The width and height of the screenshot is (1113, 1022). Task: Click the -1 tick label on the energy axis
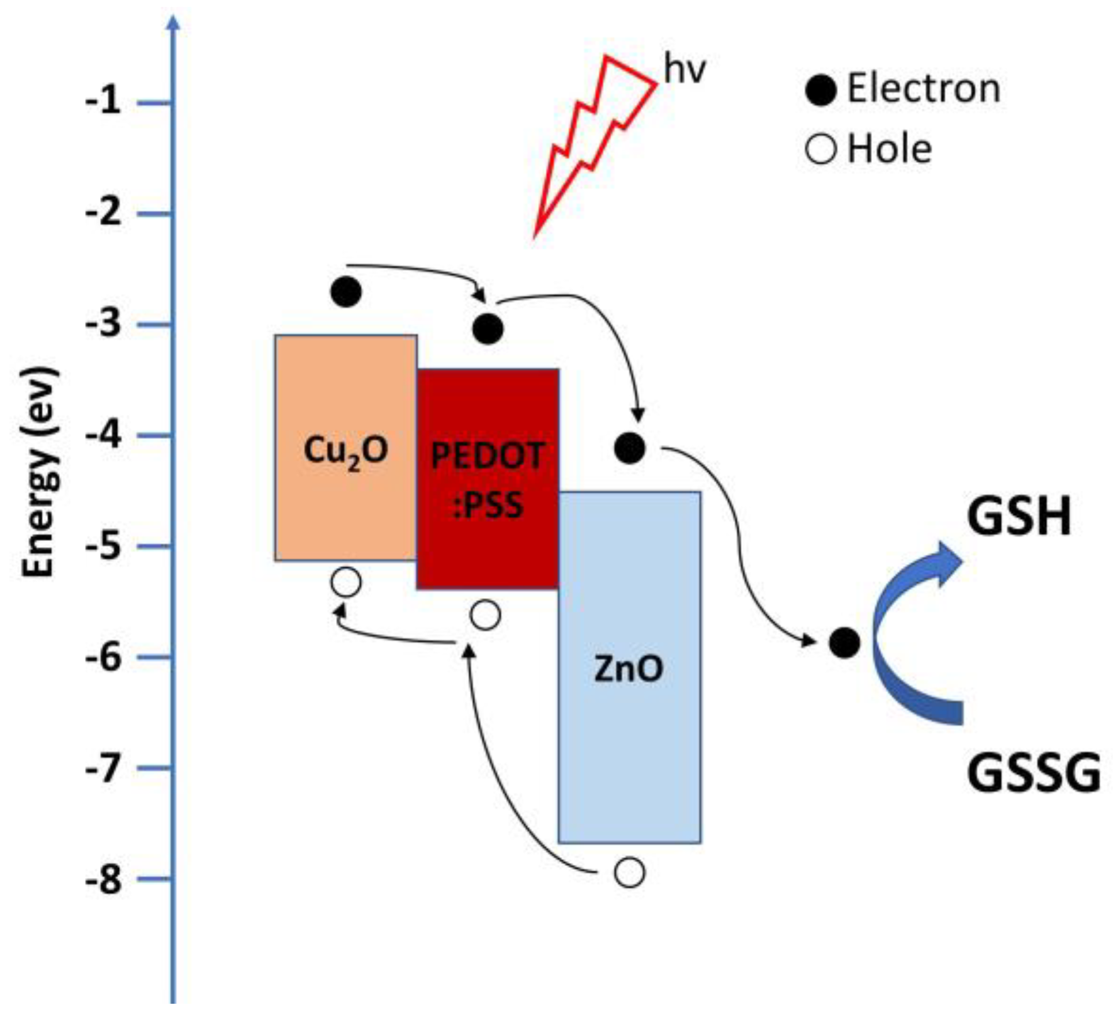(x=103, y=101)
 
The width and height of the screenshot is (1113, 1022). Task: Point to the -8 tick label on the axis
(x=103, y=878)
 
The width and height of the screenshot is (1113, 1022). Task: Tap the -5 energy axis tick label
(x=103, y=546)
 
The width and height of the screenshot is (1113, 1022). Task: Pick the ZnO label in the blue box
(x=629, y=669)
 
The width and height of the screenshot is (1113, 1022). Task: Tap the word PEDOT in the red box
(x=488, y=455)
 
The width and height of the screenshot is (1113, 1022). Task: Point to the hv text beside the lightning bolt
(x=685, y=69)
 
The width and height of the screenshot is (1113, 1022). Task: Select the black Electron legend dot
(x=820, y=90)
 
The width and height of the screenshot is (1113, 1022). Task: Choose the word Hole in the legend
(x=889, y=149)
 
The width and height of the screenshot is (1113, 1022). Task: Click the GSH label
(x=1019, y=517)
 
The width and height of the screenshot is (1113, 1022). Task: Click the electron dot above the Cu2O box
(x=346, y=292)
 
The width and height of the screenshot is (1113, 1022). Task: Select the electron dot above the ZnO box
(x=630, y=448)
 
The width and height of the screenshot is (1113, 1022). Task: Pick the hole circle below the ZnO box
(x=630, y=873)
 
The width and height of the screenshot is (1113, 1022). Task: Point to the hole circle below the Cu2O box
(x=346, y=582)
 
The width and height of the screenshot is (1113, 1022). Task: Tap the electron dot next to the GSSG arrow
(x=844, y=643)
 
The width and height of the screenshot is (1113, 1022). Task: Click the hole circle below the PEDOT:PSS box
(x=486, y=614)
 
